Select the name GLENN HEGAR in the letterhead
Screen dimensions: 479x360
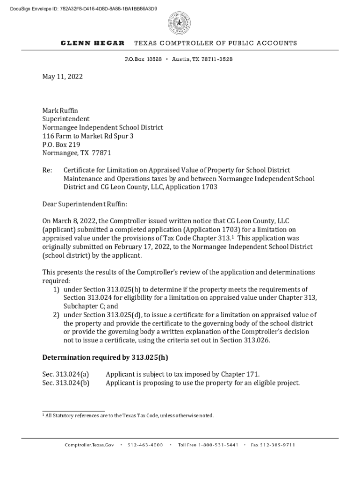coord(93,43)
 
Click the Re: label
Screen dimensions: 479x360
coord(47,170)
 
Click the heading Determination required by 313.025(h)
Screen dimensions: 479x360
coord(105,358)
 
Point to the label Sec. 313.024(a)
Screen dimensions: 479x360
coord(66,374)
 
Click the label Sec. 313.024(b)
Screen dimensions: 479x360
coord(66,383)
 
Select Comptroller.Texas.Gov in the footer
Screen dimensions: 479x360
coord(89,445)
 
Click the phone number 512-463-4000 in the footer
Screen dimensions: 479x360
coord(145,445)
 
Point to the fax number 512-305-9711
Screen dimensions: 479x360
coord(273,445)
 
